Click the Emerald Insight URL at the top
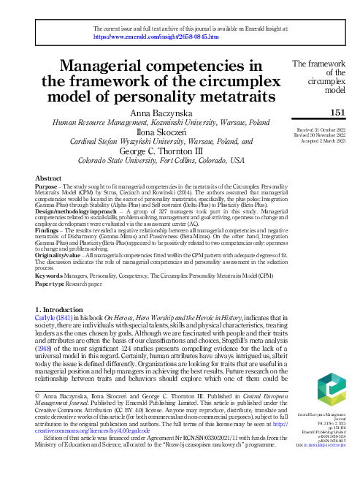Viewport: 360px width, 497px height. click(150, 36)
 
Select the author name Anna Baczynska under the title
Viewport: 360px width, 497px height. click(159, 113)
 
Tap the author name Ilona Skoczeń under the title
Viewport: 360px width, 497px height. click(159, 133)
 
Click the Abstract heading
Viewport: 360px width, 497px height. click(47, 178)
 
